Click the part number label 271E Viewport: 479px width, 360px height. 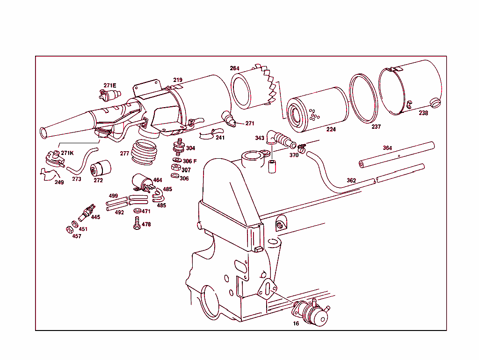tap(109, 85)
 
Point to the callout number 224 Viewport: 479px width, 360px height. tap(331, 130)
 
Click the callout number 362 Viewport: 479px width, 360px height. tap(351, 180)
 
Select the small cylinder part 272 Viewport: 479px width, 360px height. tap(102, 168)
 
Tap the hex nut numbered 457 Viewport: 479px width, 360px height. tap(68, 229)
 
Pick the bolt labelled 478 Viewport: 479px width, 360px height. tap(137, 223)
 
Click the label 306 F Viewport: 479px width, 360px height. tap(189, 161)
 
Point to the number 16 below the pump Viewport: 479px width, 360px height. tap(296, 323)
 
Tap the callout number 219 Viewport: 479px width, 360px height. tap(178, 80)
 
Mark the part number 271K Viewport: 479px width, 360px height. tap(67, 153)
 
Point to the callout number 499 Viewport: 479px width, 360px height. tap(113, 196)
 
